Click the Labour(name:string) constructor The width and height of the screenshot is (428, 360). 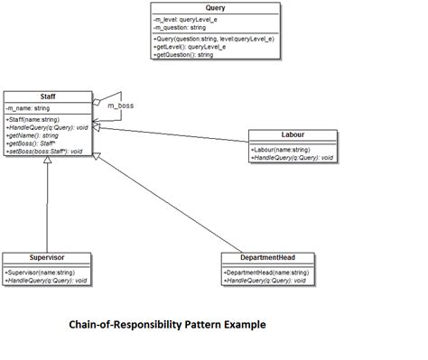(282, 149)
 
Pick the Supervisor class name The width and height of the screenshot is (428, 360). (47, 257)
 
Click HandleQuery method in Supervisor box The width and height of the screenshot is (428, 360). (46, 281)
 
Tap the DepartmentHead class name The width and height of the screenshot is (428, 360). (267, 257)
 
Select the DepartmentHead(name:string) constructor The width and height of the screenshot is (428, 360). (266, 272)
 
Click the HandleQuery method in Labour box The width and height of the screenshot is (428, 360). (293, 157)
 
